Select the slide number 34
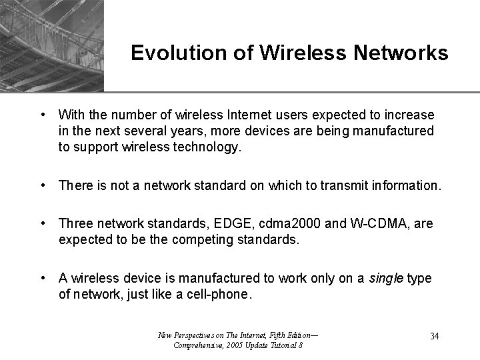[434, 336]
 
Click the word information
[402, 185]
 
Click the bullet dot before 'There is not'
[43, 185]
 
